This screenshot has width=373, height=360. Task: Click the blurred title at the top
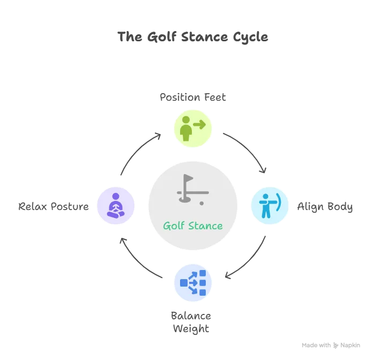(193, 37)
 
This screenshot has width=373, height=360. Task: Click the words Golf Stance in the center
(192, 225)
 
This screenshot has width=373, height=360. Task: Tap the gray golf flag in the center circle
(188, 187)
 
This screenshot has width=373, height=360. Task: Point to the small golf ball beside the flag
(202, 203)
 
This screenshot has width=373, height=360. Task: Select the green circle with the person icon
(192, 129)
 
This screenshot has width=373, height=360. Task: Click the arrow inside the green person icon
(199, 124)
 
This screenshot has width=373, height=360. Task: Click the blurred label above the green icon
(192, 97)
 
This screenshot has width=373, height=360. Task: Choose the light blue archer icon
(271, 206)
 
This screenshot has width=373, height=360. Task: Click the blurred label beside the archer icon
(326, 207)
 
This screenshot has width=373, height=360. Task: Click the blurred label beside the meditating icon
(53, 207)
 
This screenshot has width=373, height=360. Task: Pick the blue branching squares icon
(192, 282)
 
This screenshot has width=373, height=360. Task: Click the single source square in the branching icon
(184, 283)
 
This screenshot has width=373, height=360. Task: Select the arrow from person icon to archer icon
(245, 153)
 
